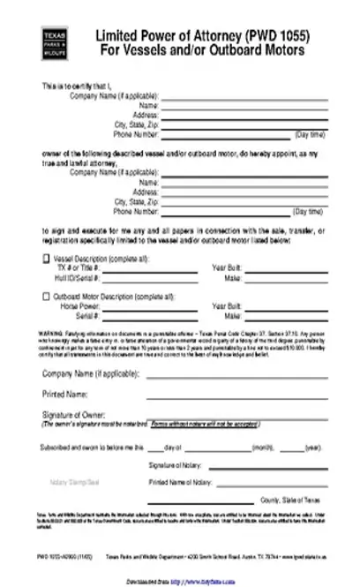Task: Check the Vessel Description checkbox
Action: [x=46, y=258]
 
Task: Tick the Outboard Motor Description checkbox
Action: [x=46, y=296]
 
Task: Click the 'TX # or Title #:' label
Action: [x=77, y=267]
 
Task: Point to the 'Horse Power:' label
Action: [x=79, y=305]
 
